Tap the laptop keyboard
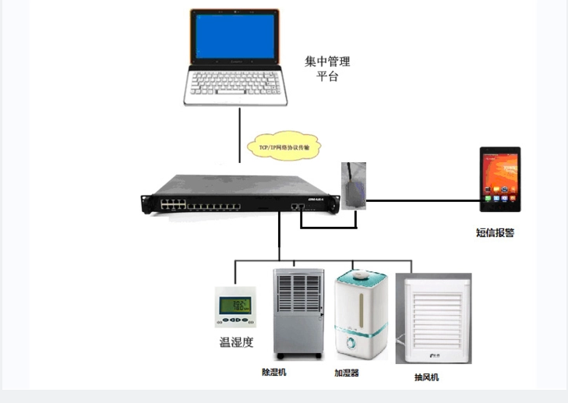click(235, 81)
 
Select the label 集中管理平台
click(327, 69)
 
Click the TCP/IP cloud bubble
click(284, 146)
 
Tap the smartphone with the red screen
click(499, 179)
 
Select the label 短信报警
click(495, 232)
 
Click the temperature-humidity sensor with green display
click(235, 306)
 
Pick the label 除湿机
click(274, 373)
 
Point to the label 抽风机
click(426, 377)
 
